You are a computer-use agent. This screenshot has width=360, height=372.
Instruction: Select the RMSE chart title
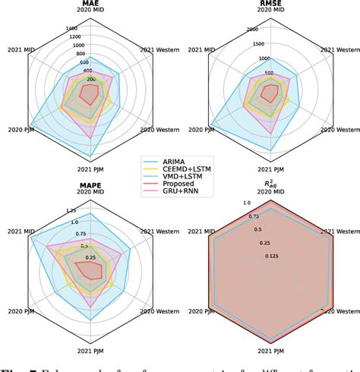click(x=272, y=4)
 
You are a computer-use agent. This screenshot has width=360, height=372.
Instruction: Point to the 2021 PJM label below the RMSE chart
click(x=272, y=169)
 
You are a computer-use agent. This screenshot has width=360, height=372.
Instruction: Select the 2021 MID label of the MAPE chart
click(x=20, y=231)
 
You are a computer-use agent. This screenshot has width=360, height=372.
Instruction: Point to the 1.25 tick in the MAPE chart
click(x=71, y=210)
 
